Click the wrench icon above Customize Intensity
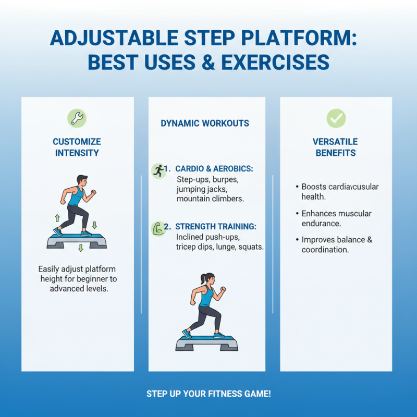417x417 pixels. point(77,118)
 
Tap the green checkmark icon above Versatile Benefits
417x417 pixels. point(336,118)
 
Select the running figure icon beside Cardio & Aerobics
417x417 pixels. point(157,169)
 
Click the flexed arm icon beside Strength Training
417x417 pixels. point(157,227)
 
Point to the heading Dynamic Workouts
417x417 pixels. point(205,124)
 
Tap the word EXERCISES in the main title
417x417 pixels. point(275,63)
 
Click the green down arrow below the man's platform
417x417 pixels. point(81,249)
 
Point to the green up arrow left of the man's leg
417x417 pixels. point(57,218)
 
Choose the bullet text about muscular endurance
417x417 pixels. point(336,218)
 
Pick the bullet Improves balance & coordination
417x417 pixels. point(336,245)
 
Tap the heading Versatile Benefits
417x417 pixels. point(334,147)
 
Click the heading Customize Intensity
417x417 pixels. point(77,147)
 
